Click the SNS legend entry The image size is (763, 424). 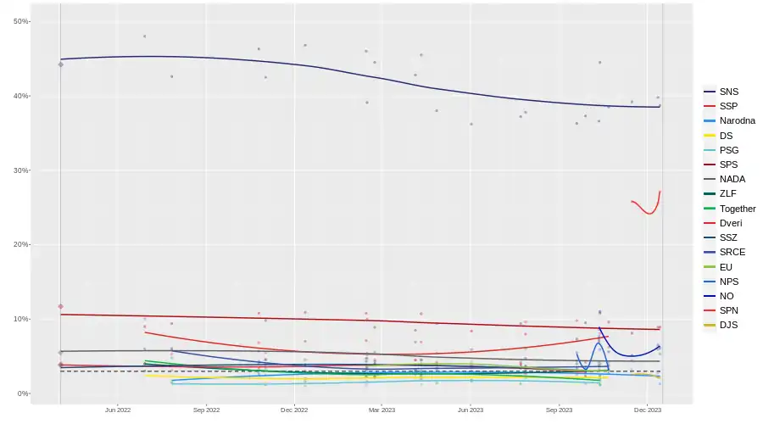pyautogui.click(x=728, y=92)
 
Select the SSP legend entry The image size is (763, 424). pyautogui.click(x=728, y=106)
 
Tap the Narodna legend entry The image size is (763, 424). pyautogui.click(x=737, y=120)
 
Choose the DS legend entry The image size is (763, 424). pyautogui.click(x=727, y=136)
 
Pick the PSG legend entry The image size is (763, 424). pyautogui.click(x=729, y=150)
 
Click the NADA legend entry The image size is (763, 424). pyautogui.click(x=732, y=180)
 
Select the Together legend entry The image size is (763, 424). pyautogui.click(x=737, y=209)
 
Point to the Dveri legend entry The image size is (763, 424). pyautogui.click(x=731, y=223)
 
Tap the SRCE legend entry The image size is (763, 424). pyautogui.click(x=732, y=253)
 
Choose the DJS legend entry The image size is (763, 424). pyautogui.click(x=728, y=326)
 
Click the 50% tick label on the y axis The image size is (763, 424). pyautogui.click(x=21, y=21)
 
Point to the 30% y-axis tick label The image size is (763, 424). pyautogui.click(x=21, y=170)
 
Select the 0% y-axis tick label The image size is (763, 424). pyautogui.click(x=23, y=393)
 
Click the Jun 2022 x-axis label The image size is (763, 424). pyautogui.click(x=117, y=410)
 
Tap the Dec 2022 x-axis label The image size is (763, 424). pyautogui.click(x=294, y=410)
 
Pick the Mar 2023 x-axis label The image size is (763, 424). pyautogui.click(x=381, y=410)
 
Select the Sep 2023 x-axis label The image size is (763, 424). pyautogui.click(x=559, y=410)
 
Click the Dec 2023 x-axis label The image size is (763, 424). pyautogui.click(x=647, y=410)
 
